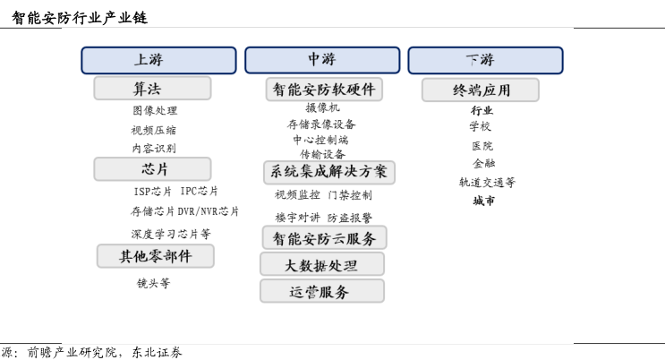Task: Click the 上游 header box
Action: (x=158, y=60)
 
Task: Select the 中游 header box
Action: (x=322, y=60)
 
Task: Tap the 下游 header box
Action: (x=486, y=60)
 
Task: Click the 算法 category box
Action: (x=152, y=89)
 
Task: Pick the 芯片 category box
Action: (x=152, y=169)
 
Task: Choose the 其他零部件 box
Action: (x=155, y=256)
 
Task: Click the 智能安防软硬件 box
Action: (x=324, y=90)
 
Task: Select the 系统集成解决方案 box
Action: (x=329, y=172)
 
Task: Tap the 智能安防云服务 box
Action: (x=324, y=237)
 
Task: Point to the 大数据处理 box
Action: (x=322, y=264)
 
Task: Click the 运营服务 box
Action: (x=322, y=291)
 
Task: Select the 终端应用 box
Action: (x=481, y=90)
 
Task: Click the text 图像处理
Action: (x=155, y=111)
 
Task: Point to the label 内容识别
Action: (x=154, y=148)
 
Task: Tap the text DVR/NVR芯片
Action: (x=209, y=211)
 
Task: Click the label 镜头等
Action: (x=154, y=283)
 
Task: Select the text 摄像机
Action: (x=323, y=107)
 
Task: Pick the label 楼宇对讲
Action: (x=297, y=218)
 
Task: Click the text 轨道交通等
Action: (x=487, y=183)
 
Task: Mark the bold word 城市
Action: (x=484, y=201)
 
